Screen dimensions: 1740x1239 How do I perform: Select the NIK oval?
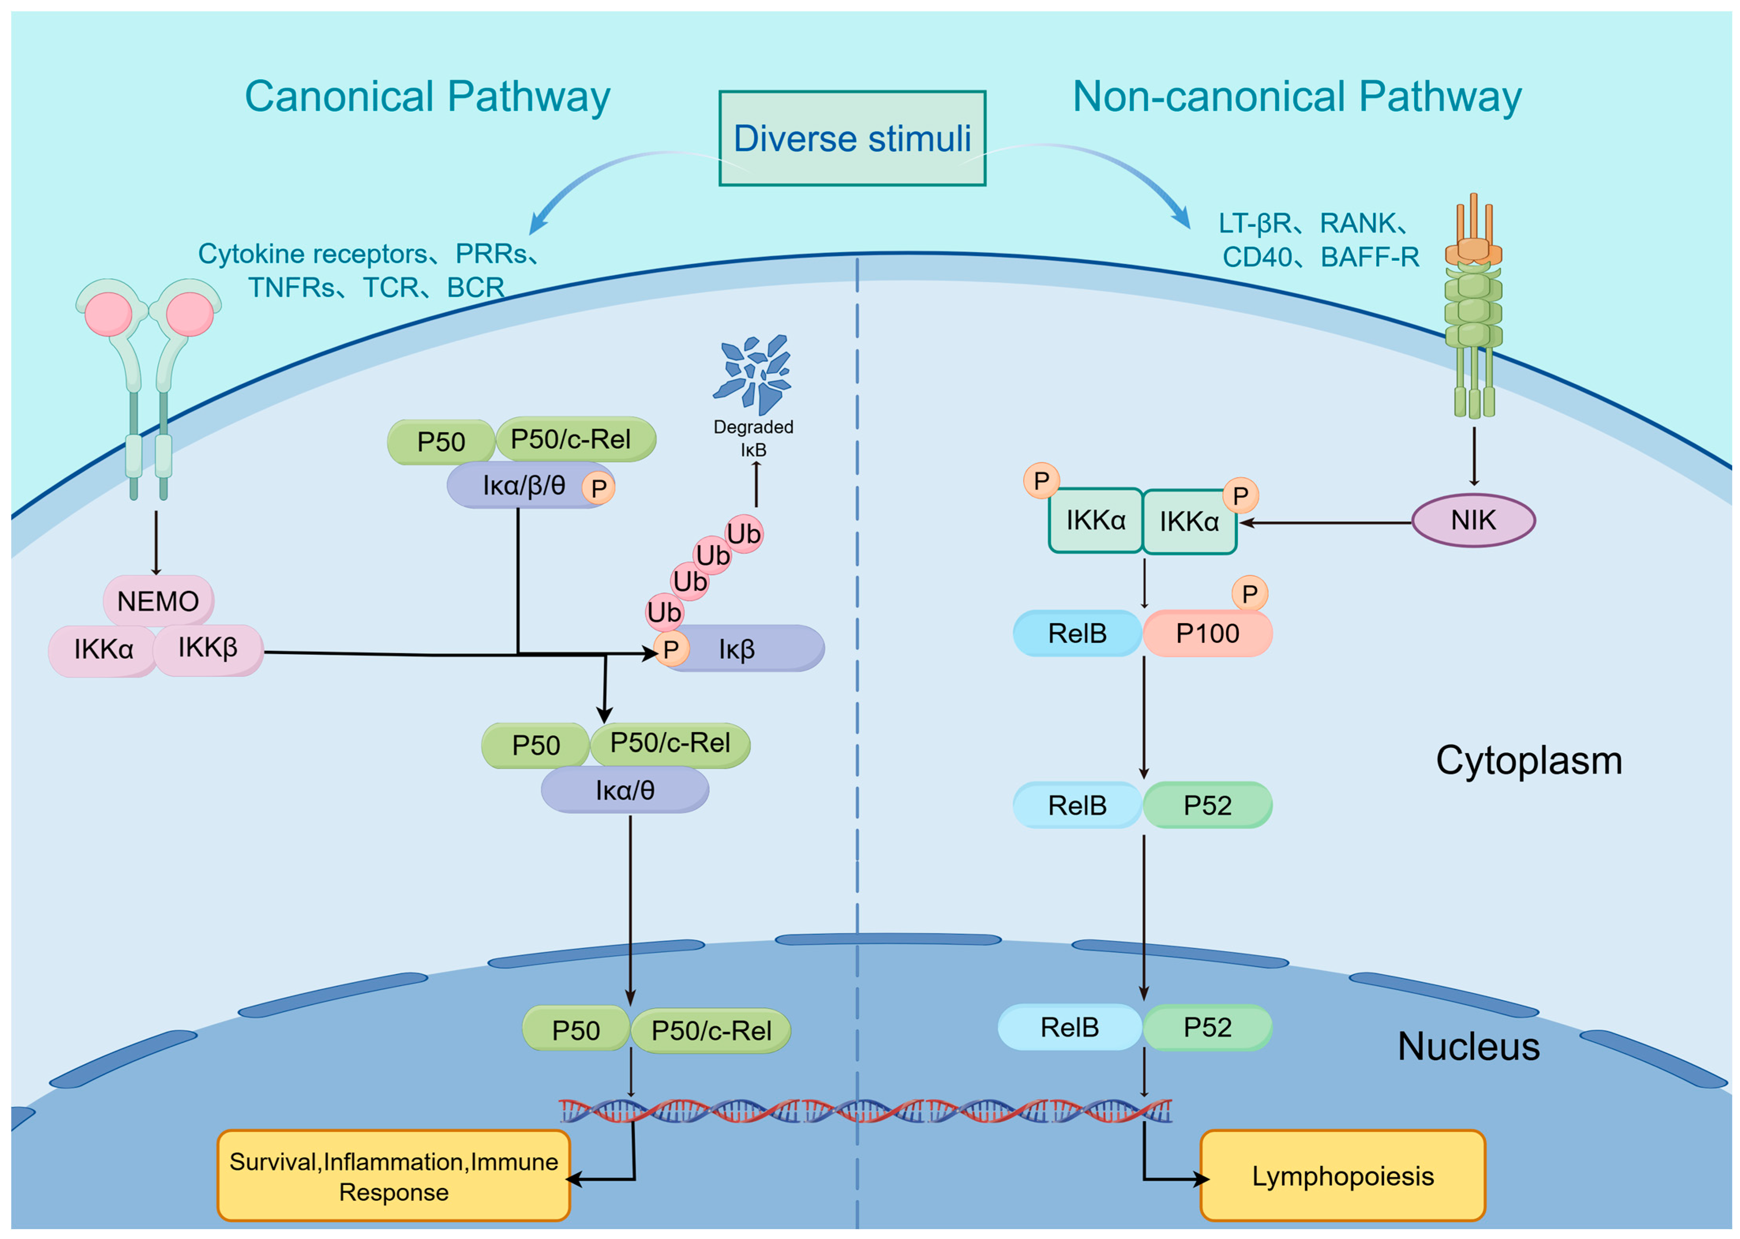1472,520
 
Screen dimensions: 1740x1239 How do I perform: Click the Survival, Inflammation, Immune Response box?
393,1176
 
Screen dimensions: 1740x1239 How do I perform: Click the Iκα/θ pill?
625,790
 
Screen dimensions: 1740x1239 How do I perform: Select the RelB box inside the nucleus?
1069,1027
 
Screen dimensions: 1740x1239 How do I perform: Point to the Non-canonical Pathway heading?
1297,97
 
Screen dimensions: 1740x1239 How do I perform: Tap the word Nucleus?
1468,1046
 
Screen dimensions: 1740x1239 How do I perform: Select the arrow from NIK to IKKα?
1325,523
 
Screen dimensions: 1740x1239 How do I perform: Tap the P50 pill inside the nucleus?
576,1030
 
